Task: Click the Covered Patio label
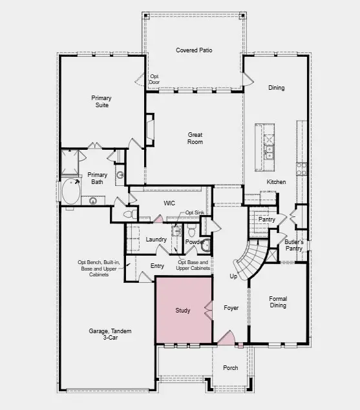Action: [x=194, y=50]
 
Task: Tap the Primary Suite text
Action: [x=101, y=101]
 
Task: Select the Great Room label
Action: [x=195, y=138]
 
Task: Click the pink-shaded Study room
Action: [x=183, y=311]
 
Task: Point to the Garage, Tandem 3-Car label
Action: [x=110, y=334]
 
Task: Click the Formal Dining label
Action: [x=278, y=303]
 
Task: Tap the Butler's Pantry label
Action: [x=294, y=245]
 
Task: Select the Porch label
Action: [x=230, y=368]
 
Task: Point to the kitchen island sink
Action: [x=268, y=152]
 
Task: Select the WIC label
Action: [x=169, y=203]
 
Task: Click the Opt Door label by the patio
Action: [x=154, y=79]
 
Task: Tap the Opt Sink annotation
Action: [x=195, y=212]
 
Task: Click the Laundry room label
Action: [x=156, y=240]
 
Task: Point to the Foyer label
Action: [x=231, y=308]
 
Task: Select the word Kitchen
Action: [x=276, y=182]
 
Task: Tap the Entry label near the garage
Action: [x=157, y=266]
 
